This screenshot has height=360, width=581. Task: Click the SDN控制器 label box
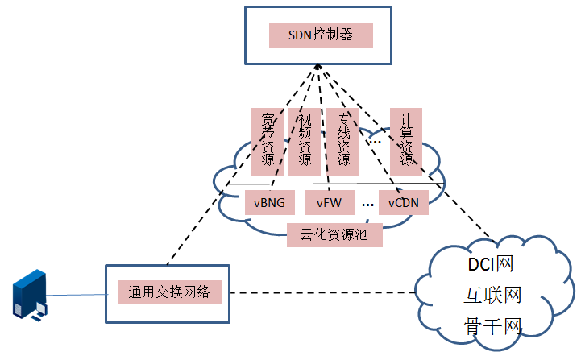coord(321,35)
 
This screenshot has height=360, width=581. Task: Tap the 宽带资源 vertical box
coord(266,141)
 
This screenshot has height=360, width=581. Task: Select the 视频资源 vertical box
coord(304,141)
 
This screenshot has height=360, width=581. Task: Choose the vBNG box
coord(269,203)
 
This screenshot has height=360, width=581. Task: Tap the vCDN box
coord(403,203)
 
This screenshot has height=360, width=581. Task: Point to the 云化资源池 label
coord(334,235)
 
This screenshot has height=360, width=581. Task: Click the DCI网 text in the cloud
coord(491,263)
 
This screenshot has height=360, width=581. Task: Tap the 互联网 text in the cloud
coord(492,295)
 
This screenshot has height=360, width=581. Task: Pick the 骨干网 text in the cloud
coord(492,325)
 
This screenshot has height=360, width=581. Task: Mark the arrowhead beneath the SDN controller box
coord(319,68)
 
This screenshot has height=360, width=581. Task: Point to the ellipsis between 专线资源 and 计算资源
coord(374,142)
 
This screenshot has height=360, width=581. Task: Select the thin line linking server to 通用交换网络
coord(77,296)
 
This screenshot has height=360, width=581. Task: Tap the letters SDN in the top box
coord(302,35)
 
